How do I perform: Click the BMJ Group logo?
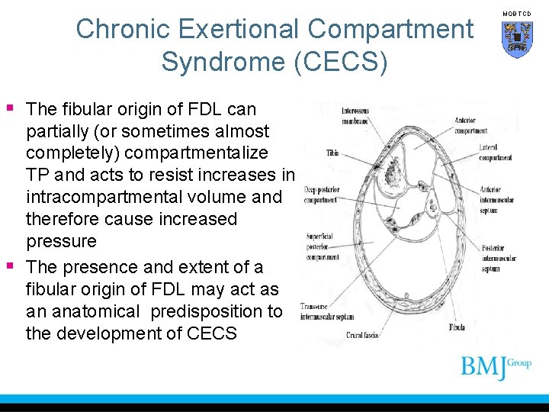pyautogui.click(x=496, y=368)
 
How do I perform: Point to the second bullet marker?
pyautogui.click(x=10, y=266)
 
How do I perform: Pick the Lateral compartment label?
pyautogui.click(x=495, y=153)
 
